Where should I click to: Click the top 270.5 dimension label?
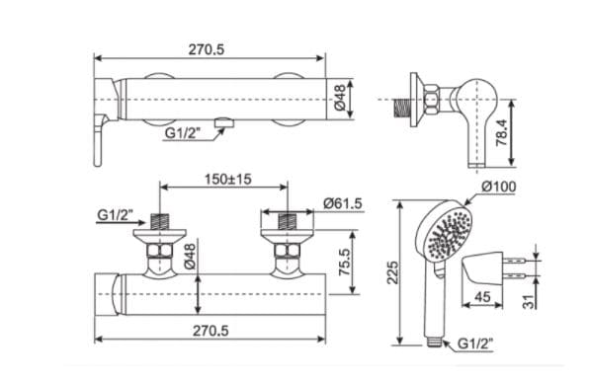coord(207,49)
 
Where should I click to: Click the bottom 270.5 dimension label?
coord(211,331)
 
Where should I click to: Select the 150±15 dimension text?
coord(228,180)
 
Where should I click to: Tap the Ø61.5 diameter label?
coord(342,203)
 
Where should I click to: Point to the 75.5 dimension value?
coord(344,263)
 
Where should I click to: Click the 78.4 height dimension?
coord(502,132)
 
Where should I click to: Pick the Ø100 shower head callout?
coord(498,187)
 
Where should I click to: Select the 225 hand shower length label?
coord(392,272)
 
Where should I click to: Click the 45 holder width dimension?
coord(482,297)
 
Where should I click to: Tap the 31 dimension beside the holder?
coord(529,301)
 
